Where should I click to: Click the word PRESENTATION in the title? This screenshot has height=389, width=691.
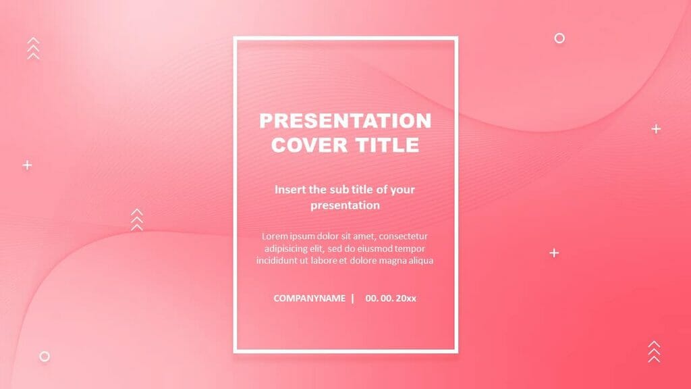click(x=345, y=121)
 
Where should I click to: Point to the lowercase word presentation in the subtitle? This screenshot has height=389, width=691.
click(x=345, y=205)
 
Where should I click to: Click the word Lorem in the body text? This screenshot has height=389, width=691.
click(x=275, y=236)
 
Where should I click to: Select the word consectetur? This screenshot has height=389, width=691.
click(x=403, y=236)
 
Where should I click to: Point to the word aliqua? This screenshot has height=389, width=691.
click(x=418, y=261)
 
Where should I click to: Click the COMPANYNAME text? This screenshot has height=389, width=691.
click(x=309, y=298)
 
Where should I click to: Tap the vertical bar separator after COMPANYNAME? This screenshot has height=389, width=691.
click(x=352, y=298)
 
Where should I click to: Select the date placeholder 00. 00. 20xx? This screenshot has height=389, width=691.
click(x=391, y=298)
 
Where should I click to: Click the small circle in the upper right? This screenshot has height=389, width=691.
click(x=559, y=38)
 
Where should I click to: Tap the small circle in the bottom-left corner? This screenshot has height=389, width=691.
click(x=45, y=356)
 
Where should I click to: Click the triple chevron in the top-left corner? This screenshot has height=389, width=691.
click(x=33, y=49)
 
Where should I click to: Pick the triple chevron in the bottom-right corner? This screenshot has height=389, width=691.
click(x=653, y=351)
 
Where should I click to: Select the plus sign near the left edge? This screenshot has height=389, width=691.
click(x=27, y=165)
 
